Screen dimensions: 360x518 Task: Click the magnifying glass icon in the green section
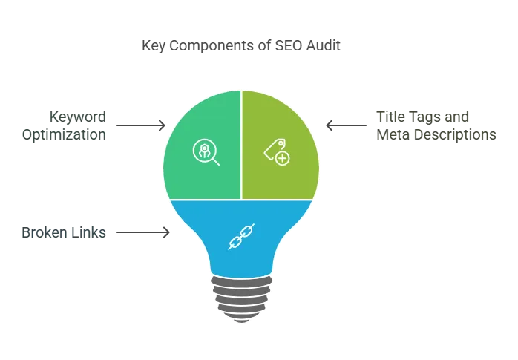point(205,151)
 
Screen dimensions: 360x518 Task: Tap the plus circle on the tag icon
point(282,157)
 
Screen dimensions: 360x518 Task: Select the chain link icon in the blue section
point(241,236)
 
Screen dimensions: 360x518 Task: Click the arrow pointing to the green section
point(138,127)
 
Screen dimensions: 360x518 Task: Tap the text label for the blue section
point(62,232)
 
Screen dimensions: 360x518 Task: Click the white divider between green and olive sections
point(241,145)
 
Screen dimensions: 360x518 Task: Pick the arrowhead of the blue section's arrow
point(165,233)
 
